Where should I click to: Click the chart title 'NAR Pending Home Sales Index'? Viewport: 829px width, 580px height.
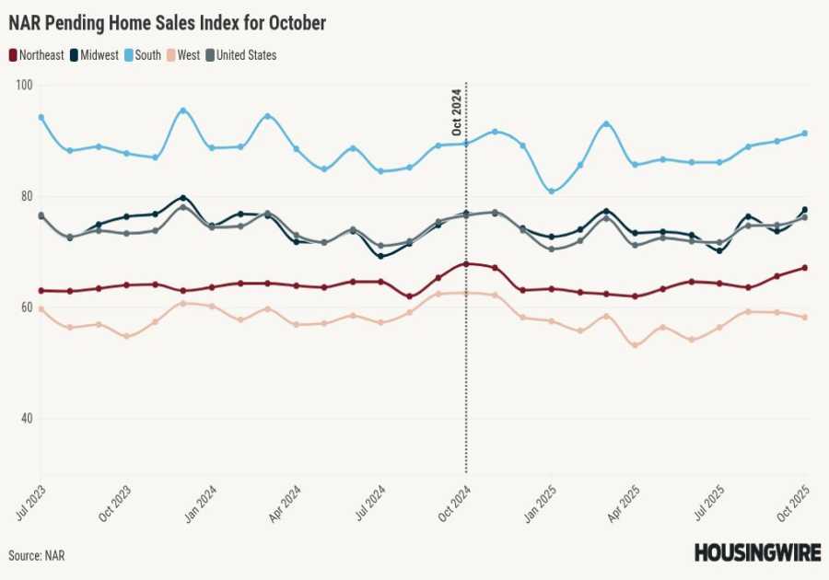[167, 23]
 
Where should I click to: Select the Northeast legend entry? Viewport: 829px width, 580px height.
[38, 55]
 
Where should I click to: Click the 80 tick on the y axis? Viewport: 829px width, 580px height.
[25, 196]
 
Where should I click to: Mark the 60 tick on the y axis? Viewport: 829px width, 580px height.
[25, 307]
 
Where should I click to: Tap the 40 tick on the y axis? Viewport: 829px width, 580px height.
[25, 419]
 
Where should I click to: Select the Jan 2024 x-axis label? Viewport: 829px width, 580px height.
[202, 504]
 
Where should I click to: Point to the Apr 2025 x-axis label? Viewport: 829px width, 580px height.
[626, 504]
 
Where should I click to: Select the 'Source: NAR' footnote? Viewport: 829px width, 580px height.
[37, 555]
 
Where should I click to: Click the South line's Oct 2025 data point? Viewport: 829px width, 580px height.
[805, 133]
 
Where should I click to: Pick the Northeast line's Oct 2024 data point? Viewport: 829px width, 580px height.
[466, 264]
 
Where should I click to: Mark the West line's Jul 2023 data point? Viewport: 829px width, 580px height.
[41, 309]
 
